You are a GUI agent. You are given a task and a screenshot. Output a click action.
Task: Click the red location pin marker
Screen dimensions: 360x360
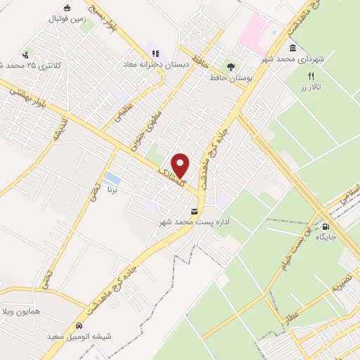[x=181, y=166]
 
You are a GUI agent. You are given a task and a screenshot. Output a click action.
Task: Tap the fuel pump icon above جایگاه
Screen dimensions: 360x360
[x=326, y=226]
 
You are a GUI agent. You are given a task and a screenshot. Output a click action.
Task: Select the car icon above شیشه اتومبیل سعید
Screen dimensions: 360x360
[x=79, y=326]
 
